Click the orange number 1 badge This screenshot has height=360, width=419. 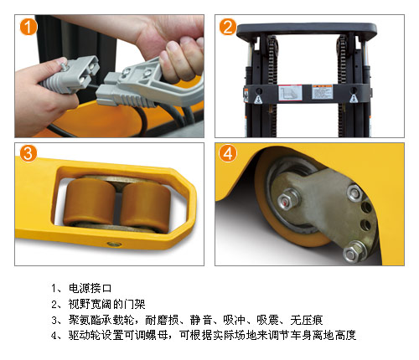[28, 27]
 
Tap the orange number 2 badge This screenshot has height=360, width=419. [228, 27]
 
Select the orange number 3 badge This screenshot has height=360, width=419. [28, 153]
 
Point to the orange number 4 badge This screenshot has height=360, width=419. [228, 153]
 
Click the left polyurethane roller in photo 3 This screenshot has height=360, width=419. [90, 202]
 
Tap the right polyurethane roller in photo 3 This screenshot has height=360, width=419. [145, 207]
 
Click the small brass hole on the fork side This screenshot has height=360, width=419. [115, 244]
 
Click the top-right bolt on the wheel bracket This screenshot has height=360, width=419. [354, 193]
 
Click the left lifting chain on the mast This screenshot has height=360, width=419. [272, 84]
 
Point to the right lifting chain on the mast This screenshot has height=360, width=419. [341, 84]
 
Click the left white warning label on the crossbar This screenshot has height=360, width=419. [290, 93]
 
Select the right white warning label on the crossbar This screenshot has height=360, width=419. [322, 91]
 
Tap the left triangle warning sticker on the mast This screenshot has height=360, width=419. [258, 99]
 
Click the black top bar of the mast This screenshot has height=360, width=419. [307, 29]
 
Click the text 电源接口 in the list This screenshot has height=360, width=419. [90, 288]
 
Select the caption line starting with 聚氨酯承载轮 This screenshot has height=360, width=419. [195, 320]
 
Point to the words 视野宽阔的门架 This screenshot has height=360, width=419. [107, 304]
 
